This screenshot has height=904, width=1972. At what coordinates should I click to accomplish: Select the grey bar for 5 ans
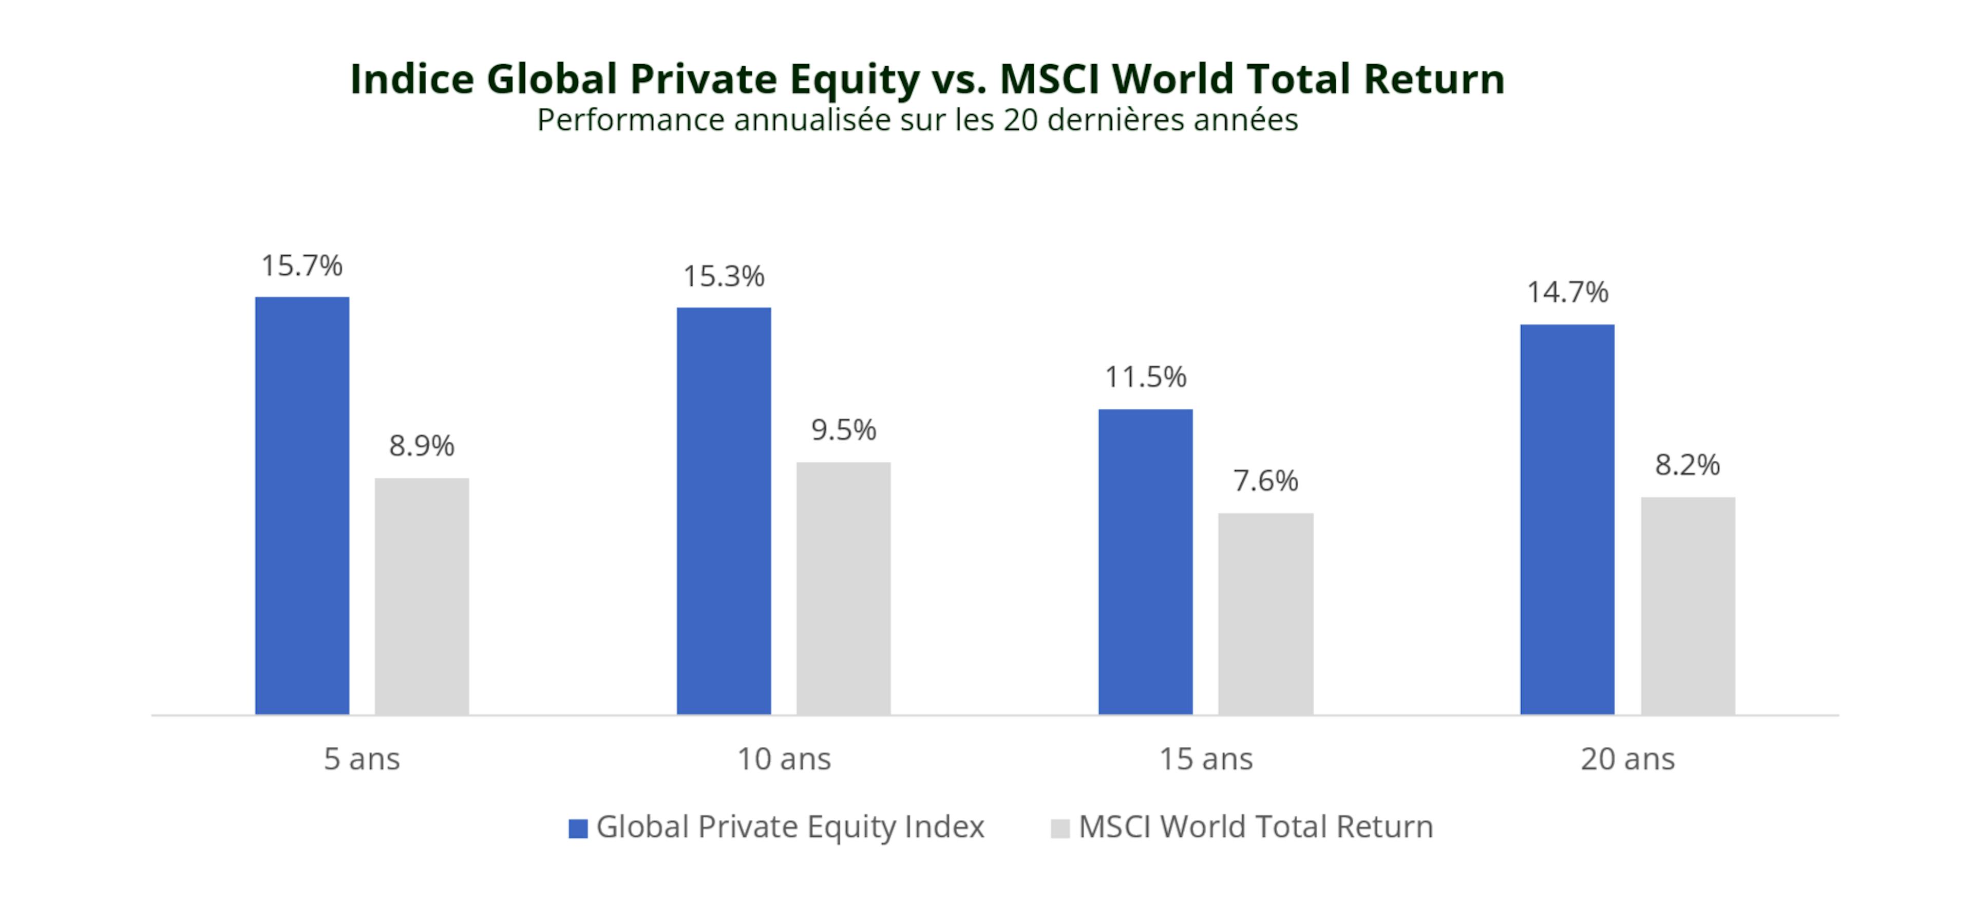pos(422,596)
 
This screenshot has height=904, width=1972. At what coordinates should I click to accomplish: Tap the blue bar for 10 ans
pos(724,511)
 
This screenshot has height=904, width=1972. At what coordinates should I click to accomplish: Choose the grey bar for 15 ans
pos(1265,613)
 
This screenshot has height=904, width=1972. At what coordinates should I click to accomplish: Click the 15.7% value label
pos(301,266)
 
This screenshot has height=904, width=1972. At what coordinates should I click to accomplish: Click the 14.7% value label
pos(1567,292)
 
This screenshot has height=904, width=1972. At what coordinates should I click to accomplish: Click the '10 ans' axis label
pos(784,759)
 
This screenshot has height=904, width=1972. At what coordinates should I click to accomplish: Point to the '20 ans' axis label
pos(1627,759)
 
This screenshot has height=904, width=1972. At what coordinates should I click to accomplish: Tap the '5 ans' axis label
pos(362,759)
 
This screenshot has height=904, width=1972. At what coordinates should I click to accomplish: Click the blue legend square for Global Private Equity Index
pos(578,828)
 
